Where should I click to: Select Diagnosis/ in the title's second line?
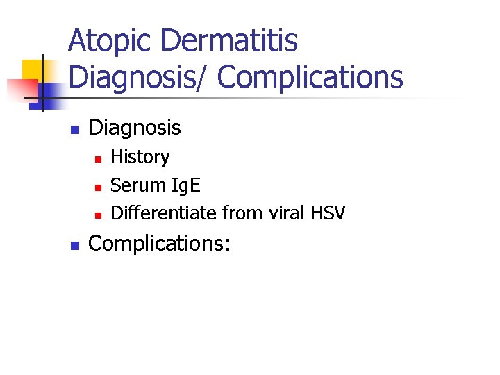(139, 77)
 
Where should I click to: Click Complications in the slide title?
(310, 77)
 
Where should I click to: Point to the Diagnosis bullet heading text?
(135, 128)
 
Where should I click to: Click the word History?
(140, 157)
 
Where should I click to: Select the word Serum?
(137, 185)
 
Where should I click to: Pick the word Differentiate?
(164, 212)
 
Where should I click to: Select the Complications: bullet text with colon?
(160, 244)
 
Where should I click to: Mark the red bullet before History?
(98, 159)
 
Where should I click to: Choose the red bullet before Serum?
(98, 187)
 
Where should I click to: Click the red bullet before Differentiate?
(98, 214)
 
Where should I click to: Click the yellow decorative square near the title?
(33, 69)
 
